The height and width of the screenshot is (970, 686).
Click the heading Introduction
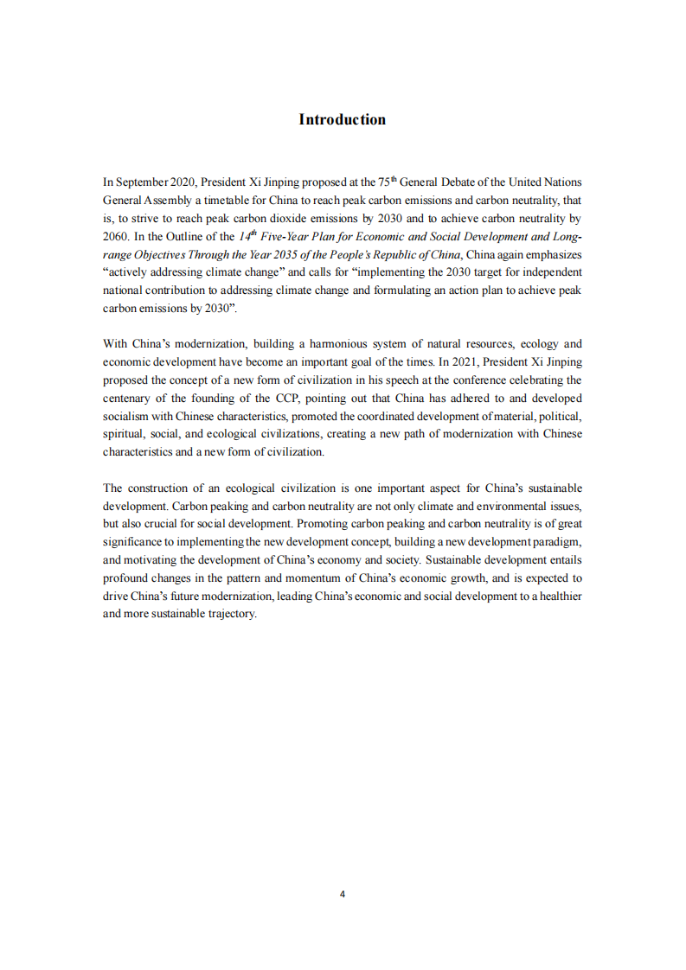click(x=343, y=119)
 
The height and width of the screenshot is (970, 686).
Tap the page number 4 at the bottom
click(x=343, y=894)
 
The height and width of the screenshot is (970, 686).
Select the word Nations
click(x=561, y=182)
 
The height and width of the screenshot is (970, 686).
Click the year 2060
click(x=115, y=237)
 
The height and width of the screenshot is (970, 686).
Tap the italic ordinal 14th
click(x=248, y=236)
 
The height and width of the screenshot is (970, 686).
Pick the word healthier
click(x=559, y=597)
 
